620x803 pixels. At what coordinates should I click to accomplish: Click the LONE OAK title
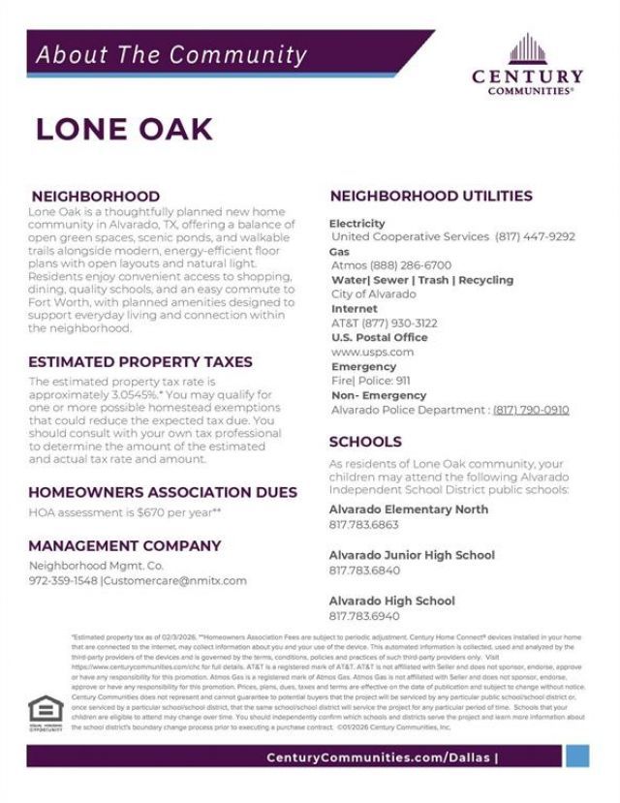[124, 130]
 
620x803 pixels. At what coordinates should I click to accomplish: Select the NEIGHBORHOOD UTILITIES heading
[431, 196]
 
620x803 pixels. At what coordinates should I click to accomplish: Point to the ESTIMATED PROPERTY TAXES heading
[140, 361]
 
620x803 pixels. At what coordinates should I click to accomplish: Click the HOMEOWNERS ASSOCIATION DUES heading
[163, 492]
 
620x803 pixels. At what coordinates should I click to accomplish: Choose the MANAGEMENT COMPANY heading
[125, 545]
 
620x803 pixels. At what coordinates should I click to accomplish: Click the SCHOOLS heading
[365, 443]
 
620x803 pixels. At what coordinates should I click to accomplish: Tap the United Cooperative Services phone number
[535, 236]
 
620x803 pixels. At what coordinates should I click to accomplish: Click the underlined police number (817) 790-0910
[531, 410]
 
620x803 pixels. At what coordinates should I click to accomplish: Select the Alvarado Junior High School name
[412, 555]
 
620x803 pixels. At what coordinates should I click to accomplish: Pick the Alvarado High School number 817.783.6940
[363, 616]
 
